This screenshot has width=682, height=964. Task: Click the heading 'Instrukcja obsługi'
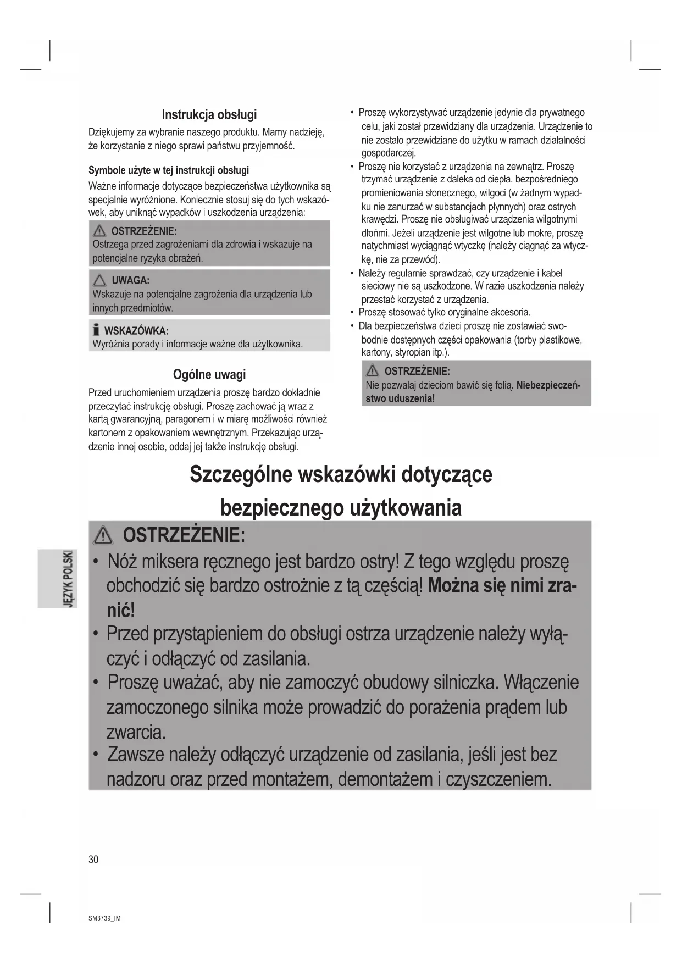[x=209, y=115]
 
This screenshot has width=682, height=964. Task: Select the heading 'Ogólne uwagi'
[x=209, y=375]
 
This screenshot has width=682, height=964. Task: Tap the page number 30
[x=93, y=860]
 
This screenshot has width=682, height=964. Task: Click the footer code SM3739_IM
[x=104, y=918]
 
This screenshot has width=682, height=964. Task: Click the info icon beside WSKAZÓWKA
[x=96, y=330]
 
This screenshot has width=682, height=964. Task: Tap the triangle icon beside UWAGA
[x=99, y=280]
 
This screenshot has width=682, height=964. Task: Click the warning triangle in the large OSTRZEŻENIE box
[x=103, y=535]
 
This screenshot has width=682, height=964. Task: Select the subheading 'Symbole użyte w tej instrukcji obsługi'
[x=169, y=170]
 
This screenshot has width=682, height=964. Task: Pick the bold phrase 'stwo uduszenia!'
[x=400, y=398]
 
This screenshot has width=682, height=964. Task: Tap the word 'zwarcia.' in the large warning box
[x=136, y=732]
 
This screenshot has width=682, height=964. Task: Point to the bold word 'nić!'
[x=120, y=610]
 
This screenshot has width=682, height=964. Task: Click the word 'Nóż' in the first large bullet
[x=121, y=562]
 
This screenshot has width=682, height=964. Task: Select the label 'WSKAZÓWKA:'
[x=136, y=331]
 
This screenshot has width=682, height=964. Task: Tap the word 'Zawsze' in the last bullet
[x=136, y=754]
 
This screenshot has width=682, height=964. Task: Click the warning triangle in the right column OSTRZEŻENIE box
[x=373, y=371]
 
